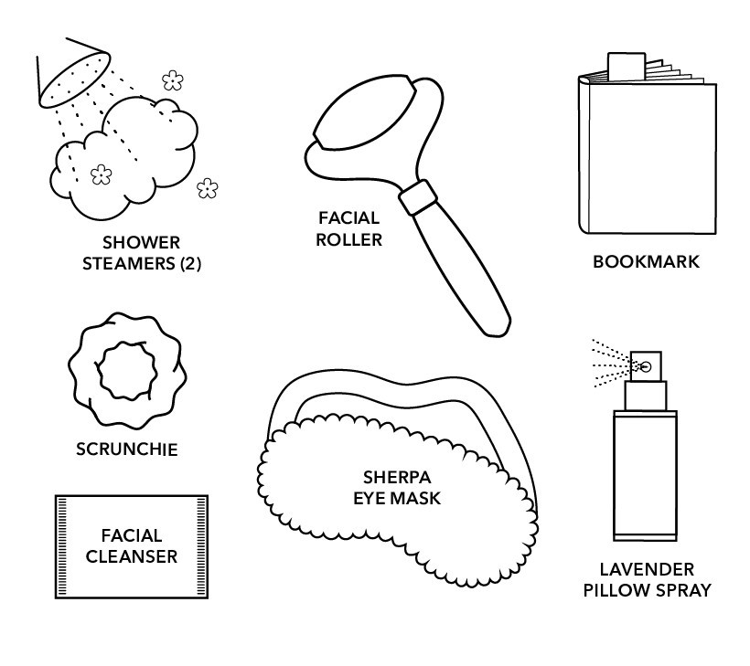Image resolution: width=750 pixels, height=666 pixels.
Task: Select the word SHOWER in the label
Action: pos(142,243)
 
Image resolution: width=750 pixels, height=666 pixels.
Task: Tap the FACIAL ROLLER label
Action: pos(349,229)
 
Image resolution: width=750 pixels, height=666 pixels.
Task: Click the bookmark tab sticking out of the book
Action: pos(625,64)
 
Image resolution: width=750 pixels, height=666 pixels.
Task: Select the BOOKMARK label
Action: pos(646,262)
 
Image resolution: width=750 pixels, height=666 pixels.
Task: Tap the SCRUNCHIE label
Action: pos(127,449)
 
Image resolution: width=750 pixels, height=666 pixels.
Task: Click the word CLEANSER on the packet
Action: pos(132,555)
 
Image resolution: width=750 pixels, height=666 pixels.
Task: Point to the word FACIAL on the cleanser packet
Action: pos(132,535)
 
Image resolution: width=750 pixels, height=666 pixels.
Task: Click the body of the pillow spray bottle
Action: pos(645,475)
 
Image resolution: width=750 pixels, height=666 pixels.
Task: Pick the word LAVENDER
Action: pos(647,569)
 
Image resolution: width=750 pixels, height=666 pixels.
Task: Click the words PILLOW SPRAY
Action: pos(647,590)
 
